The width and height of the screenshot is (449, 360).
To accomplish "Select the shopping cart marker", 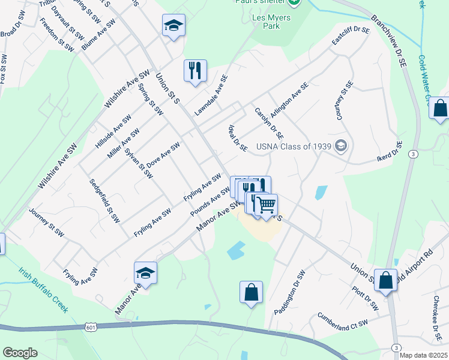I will point(266,205).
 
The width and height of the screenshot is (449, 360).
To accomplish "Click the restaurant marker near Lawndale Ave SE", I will point(195,71).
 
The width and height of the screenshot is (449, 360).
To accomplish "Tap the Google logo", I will point(20,353).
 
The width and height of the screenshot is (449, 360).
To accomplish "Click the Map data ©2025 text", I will point(423,355).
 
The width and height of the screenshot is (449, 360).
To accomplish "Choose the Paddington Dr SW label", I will point(291,292).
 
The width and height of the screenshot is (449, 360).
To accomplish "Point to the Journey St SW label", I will point(46,222).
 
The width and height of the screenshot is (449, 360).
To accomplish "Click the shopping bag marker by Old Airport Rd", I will point(386,280).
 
